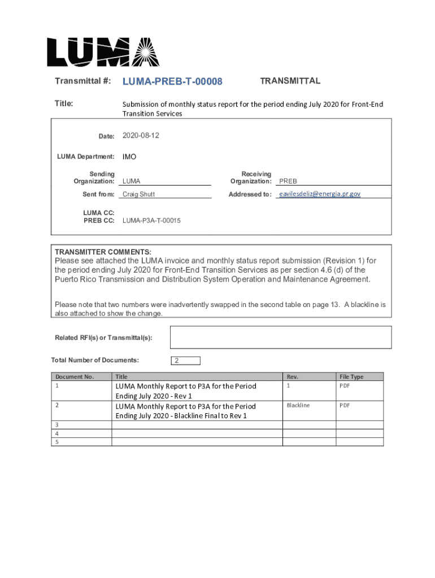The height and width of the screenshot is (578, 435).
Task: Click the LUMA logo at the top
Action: click(103, 52)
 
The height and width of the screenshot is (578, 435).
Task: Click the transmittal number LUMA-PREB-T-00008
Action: click(172, 82)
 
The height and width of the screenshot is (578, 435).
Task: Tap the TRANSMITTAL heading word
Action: click(290, 81)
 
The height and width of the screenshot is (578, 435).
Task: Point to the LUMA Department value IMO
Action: click(129, 156)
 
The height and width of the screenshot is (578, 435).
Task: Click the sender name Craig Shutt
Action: click(138, 194)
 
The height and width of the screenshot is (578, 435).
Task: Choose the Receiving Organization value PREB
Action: click(288, 181)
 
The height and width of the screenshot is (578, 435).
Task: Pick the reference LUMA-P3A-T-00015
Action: click(151, 221)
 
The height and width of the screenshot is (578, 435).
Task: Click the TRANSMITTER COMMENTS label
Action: click(103, 252)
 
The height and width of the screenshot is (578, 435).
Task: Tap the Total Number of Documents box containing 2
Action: click(185, 361)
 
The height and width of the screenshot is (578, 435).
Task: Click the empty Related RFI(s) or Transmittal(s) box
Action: click(281, 337)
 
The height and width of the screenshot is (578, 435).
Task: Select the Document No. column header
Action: click(74, 376)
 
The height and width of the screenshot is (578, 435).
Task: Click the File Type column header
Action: click(351, 376)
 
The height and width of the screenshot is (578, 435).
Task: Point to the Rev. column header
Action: click(292, 376)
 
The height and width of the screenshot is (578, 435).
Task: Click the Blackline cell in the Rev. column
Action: click(298, 405)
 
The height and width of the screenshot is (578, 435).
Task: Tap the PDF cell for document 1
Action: click(345, 386)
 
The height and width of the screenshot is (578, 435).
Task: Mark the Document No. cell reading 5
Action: click(56, 442)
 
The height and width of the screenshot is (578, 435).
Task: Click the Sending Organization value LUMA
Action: click(132, 181)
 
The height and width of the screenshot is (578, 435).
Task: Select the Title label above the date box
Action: click(64, 103)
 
